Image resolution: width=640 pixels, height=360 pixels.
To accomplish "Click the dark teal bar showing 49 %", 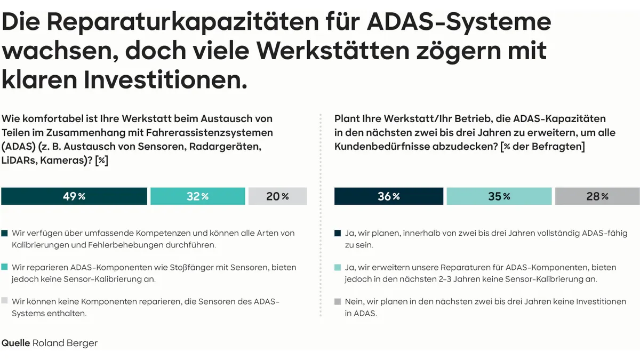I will (74, 196).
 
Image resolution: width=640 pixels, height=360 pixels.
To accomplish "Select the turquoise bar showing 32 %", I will (198, 196).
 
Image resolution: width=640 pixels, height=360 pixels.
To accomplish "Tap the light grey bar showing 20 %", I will (277, 196).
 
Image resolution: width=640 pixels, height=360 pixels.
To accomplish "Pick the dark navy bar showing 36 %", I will (388, 196).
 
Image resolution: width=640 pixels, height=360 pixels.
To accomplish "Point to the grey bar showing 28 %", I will (597, 196).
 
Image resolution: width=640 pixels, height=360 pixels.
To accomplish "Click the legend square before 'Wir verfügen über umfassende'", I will (5, 234).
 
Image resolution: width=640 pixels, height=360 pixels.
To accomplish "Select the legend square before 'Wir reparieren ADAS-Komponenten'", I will (5, 267).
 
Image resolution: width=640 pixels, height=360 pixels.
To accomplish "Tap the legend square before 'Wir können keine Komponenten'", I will (5, 301).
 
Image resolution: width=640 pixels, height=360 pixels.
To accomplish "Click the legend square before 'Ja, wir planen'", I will (338, 234).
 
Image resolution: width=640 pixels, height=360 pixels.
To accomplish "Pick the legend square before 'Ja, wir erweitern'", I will (338, 267).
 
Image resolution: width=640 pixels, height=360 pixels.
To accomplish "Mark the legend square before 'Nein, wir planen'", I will (338, 301).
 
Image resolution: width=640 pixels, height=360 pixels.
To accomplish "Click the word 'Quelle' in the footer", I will (15, 343).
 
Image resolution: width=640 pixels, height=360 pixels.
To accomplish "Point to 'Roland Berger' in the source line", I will (65, 343).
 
